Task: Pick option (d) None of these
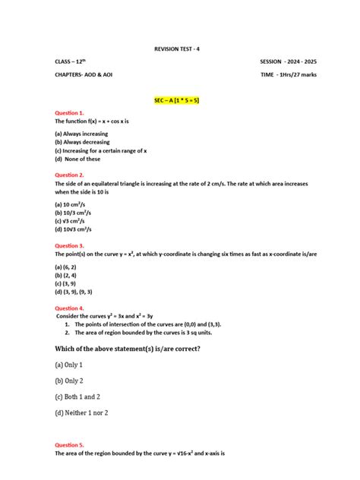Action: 77,159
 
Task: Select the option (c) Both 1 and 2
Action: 77,396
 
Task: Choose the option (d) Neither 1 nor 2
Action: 81,412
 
